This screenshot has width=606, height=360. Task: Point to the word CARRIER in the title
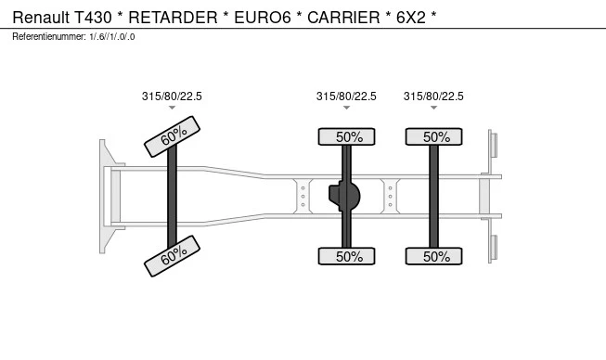tap(333, 19)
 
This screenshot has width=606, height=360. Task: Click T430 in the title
tap(90, 19)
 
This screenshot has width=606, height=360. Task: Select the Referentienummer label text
tap(48, 36)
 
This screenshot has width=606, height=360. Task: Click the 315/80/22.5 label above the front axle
tap(172, 96)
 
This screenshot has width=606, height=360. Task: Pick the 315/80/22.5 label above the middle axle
tap(346, 96)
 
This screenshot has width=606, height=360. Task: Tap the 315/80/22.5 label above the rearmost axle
tap(433, 96)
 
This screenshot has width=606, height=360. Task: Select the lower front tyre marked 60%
tap(173, 256)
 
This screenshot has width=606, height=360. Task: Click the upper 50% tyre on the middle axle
tap(348, 136)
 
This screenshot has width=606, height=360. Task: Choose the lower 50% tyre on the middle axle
tap(348, 256)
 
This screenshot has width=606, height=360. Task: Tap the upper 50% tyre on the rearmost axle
tap(434, 136)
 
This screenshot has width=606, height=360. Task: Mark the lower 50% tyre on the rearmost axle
tap(434, 256)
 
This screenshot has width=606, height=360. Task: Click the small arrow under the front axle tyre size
tap(172, 109)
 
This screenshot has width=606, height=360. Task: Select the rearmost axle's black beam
tap(433, 196)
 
